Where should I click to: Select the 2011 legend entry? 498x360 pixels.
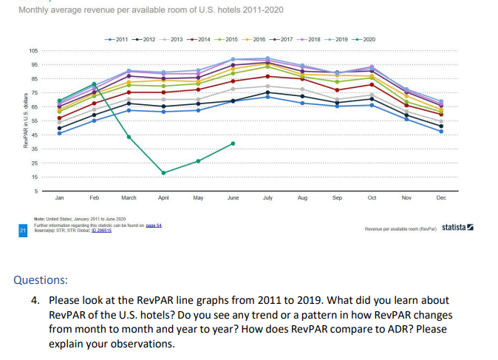tap(115, 38)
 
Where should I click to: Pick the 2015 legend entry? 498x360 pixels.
tap(228, 38)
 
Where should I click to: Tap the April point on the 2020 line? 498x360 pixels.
tap(163, 172)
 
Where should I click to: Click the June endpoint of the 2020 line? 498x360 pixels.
tap(233, 143)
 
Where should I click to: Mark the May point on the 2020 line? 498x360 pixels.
tap(198, 161)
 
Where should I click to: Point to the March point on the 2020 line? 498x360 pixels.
tap(129, 137)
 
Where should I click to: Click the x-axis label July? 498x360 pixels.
tap(267, 199)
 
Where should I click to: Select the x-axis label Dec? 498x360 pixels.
tap(441, 199)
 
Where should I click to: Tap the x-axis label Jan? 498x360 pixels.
tap(59, 199)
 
